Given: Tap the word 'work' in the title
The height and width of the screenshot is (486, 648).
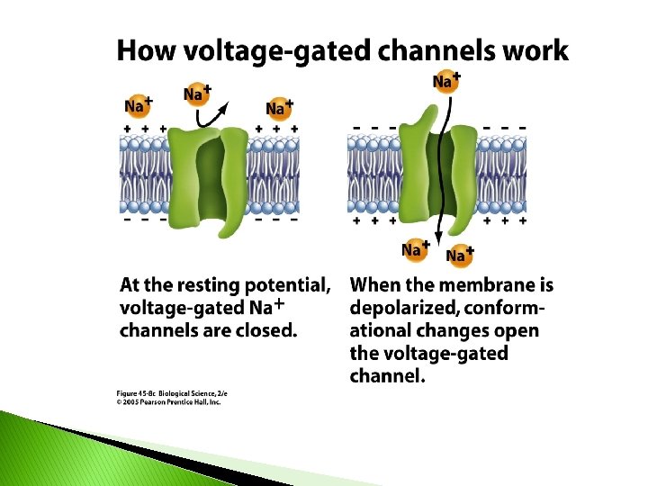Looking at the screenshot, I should click(x=537, y=51).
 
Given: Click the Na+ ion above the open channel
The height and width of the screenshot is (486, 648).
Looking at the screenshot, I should click(x=443, y=83).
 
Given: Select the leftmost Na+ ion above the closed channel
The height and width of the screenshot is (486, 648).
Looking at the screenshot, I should click(x=137, y=106).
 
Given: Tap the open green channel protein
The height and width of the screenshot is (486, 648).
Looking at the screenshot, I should click(x=439, y=171).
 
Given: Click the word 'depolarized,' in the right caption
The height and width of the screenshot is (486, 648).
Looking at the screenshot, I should click(x=404, y=308).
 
